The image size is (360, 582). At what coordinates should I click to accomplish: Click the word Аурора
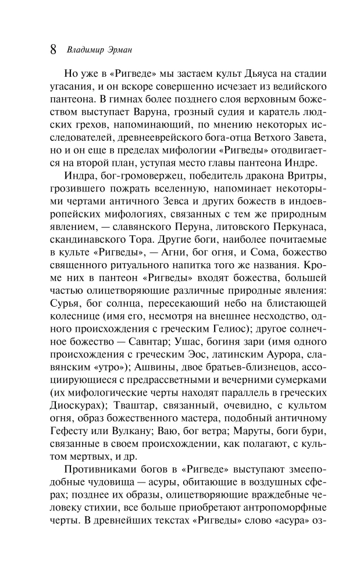coord(272,357)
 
